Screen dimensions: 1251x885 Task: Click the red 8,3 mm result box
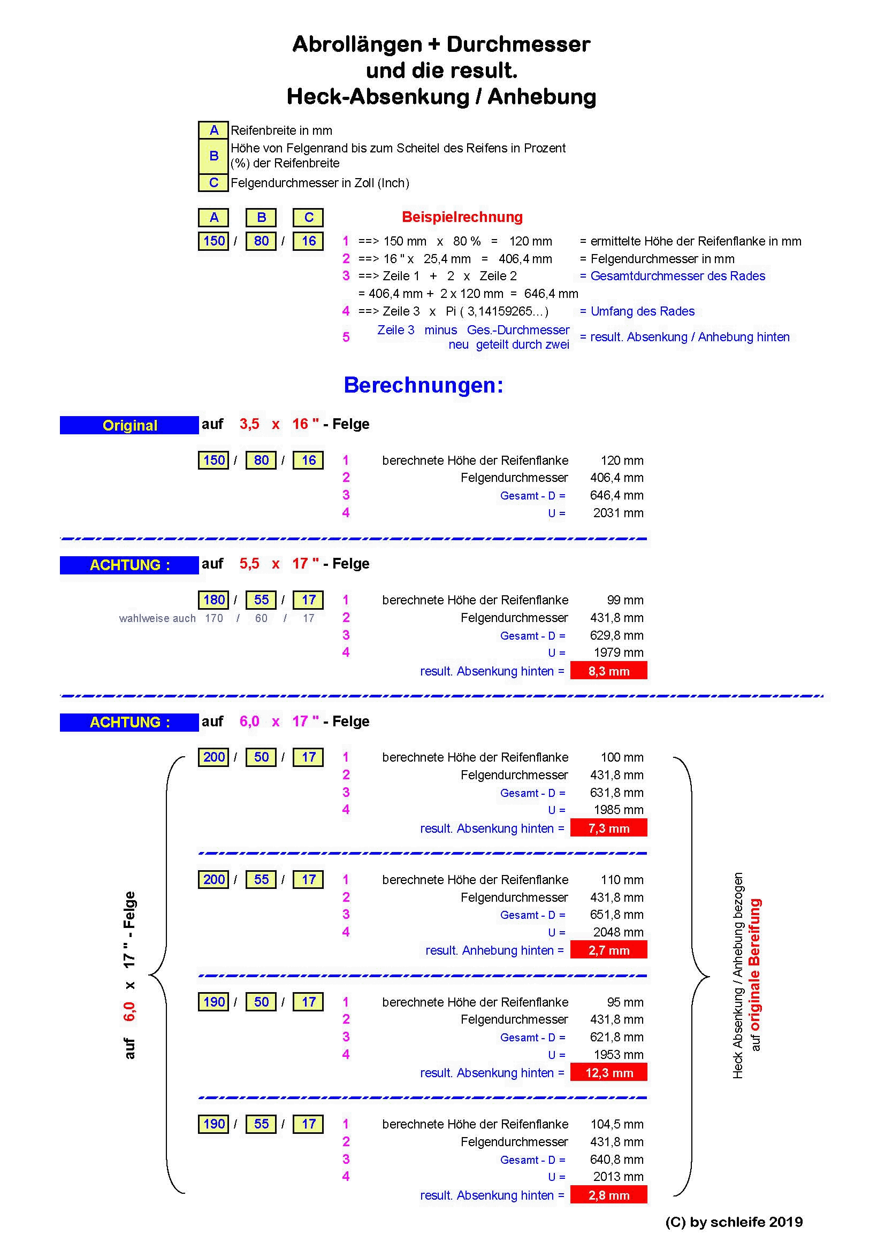[x=608, y=671]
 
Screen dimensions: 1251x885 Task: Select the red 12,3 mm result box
[x=608, y=1072]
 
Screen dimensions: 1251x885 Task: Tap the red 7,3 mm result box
[x=608, y=828]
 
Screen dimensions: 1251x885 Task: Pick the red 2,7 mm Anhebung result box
[x=608, y=950]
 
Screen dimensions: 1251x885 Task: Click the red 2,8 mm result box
[x=608, y=1195]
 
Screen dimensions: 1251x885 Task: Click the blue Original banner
[x=129, y=425]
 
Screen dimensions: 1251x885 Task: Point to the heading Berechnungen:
[x=423, y=385]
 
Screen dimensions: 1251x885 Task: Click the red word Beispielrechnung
[x=462, y=217]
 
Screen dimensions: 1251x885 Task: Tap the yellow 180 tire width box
[x=213, y=600]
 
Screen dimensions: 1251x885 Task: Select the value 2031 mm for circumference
[x=618, y=513]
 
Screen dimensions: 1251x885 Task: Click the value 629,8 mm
[x=616, y=635]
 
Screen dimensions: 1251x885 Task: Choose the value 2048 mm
[x=618, y=932]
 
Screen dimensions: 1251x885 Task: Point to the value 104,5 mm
[x=616, y=1124]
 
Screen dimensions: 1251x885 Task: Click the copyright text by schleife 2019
[x=734, y=1222]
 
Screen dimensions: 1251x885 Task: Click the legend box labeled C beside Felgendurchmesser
[x=213, y=182]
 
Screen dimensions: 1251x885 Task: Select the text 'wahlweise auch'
[x=157, y=618]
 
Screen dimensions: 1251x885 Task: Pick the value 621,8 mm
[x=616, y=1037]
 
